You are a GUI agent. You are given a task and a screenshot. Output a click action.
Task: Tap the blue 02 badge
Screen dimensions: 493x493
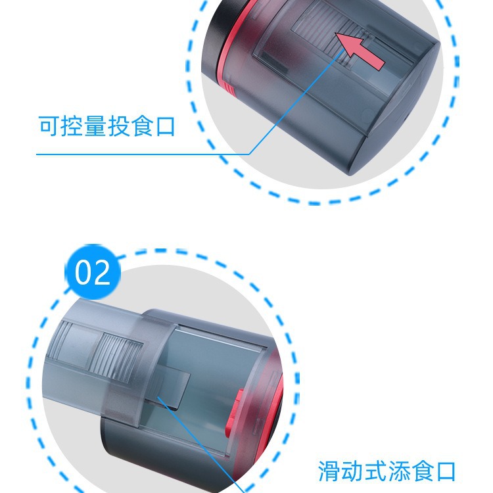pyautogui.click(x=93, y=272)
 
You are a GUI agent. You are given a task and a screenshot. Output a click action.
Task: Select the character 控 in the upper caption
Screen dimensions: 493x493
pyautogui.click(x=72, y=126)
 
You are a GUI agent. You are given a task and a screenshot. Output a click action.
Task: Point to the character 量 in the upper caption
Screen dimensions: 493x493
pyautogui.click(x=95, y=126)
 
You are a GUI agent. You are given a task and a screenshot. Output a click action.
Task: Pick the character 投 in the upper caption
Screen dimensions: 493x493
pyautogui.click(x=119, y=126)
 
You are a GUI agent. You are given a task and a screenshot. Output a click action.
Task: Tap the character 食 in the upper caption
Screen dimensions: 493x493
pyautogui.click(x=142, y=126)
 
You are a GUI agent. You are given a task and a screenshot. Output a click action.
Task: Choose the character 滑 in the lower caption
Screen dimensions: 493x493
pyautogui.click(x=329, y=471)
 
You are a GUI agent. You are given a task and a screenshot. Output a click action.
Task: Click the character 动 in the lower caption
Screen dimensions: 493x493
pyautogui.click(x=353, y=471)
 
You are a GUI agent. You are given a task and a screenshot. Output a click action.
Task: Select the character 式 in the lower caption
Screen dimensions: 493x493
pyautogui.click(x=376, y=471)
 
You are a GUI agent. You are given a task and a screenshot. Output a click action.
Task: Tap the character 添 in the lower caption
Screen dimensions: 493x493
pyautogui.click(x=399, y=471)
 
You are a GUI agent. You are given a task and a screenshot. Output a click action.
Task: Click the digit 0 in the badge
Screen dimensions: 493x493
pyautogui.click(x=83, y=273)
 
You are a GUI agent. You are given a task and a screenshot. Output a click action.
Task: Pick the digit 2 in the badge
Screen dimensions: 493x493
pyautogui.click(x=102, y=272)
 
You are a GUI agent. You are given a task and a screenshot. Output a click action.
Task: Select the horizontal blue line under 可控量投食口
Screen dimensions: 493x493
pyautogui.click(x=143, y=154)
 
